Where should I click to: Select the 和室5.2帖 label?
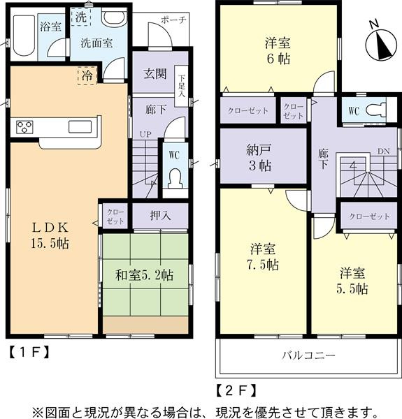[145, 276]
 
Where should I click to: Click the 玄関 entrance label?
[154, 73]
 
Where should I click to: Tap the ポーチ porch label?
[174, 20]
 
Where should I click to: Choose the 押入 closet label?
[160, 216]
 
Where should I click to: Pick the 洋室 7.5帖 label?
[264, 256]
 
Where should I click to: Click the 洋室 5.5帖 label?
[354, 280]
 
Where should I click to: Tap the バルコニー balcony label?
[308, 355]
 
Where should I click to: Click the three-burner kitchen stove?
[24, 127]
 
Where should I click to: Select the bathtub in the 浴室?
[22, 34]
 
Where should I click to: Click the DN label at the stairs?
[383, 151]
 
